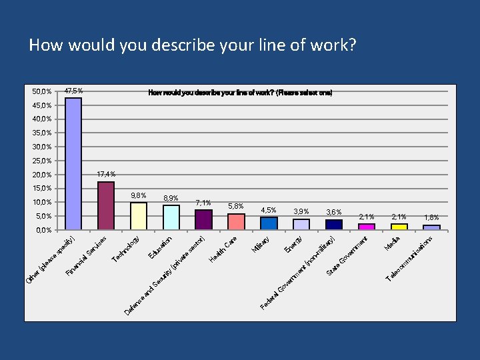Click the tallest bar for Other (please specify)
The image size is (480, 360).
(73, 163)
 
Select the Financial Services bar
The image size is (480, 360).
(106, 205)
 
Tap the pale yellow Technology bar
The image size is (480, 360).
(139, 216)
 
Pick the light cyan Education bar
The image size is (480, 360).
(171, 217)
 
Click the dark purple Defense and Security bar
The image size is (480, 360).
(203, 219)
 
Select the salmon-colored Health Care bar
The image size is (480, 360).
(236, 221)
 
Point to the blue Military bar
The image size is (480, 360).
(269, 223)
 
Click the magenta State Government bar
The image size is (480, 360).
(367, 227)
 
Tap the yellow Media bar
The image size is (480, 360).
(399, 227)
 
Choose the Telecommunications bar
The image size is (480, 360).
(431, 227)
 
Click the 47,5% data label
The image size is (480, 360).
(73, 91)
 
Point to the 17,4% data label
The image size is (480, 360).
(106, 174)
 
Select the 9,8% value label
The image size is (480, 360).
(139, 195)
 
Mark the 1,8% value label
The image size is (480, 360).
(431, 217)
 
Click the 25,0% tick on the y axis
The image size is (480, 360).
(43, 161)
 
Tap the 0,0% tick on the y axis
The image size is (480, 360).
(43, 230)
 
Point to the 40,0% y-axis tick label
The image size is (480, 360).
(43, 119)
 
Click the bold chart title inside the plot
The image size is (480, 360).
(240, 93)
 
